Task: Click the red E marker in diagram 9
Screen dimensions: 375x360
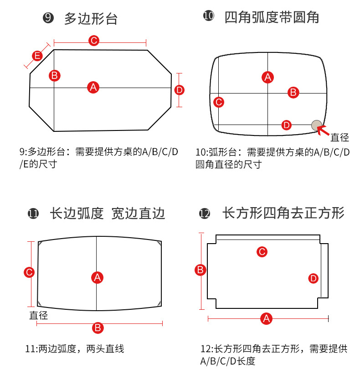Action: click(37, 56)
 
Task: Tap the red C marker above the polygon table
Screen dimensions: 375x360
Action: click(94, 41)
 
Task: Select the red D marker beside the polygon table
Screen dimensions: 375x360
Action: click(179, 90)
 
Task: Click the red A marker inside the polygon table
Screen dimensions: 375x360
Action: click(93, 87)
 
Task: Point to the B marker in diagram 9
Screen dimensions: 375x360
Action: click(54, 75)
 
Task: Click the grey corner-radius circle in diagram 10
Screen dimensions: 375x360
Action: click(316, 125)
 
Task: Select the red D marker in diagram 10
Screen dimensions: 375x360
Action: click(286, 125)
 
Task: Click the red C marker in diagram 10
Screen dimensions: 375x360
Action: click(219, 102)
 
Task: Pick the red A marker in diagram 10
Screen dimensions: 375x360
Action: click(268, 77)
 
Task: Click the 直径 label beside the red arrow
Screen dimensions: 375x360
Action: click(339, 137)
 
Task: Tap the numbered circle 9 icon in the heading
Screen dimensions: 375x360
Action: click(48, 18)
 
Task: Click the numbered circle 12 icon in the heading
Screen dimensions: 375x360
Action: click(205, 213)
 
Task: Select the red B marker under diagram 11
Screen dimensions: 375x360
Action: click(98, 328)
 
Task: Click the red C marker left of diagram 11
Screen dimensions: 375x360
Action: click(29, 272)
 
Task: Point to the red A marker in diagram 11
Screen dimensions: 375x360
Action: click(97, 277)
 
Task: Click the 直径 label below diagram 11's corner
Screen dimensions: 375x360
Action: click(39, 315)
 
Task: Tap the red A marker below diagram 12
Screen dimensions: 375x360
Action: click(267, 318)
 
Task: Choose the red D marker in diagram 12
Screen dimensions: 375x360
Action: click(313, 278)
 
